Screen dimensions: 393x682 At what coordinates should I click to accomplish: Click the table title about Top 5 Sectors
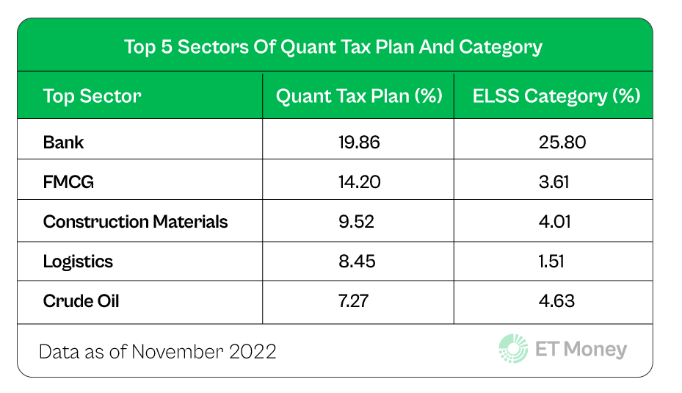click(333, 48)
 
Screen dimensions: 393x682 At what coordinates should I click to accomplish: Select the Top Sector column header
click(92, 96)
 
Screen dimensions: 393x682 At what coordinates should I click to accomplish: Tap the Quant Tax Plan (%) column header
click(358, 96)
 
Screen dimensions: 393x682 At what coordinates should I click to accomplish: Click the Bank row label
click(63, 143)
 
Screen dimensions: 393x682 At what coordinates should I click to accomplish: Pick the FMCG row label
click(68, 182)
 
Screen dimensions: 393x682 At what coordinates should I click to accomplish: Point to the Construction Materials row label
click(135, 222)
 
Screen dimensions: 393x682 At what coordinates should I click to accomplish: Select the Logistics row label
click(78, 262)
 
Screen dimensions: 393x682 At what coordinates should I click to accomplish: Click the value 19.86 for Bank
click(358, 143)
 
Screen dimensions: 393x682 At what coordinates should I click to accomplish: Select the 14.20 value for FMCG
click(358, 182)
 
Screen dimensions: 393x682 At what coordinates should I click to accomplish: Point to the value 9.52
click(358, 222)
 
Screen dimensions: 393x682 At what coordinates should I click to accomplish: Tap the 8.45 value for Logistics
click(358, 262)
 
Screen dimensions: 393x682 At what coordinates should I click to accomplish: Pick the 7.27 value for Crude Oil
click(358, 301)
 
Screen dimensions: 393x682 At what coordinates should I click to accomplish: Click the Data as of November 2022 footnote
click(158, 351)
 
